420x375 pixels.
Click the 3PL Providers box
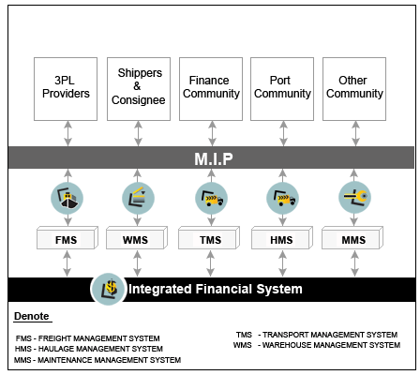[x=66, y=89]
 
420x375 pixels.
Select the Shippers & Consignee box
[x=139, y=89]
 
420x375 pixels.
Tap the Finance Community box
[x=211, y=89]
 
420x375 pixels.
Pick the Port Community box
[x=282, y=89]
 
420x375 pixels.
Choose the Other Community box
[x=354, y=89]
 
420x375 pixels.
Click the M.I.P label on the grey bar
[x=214, y=158]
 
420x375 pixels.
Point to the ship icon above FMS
[x=67, y=198]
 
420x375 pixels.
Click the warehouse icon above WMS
[x=138, y=198]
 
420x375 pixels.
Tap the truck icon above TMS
[x=211, y=198]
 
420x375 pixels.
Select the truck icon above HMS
[x=282, y=198]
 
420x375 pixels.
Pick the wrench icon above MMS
[x=354, y=198]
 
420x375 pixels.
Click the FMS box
[x=67, y=238]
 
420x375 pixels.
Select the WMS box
[x=137, y=238]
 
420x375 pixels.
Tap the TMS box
[x=209, y=238]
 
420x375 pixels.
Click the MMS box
[x=352, y=238]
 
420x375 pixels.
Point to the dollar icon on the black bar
[x=108, y=289]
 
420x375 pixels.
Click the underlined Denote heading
[x=32, y=316]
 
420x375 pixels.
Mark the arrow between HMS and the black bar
[x=282, y=263]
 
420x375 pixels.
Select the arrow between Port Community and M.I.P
[x=283, y=133]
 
